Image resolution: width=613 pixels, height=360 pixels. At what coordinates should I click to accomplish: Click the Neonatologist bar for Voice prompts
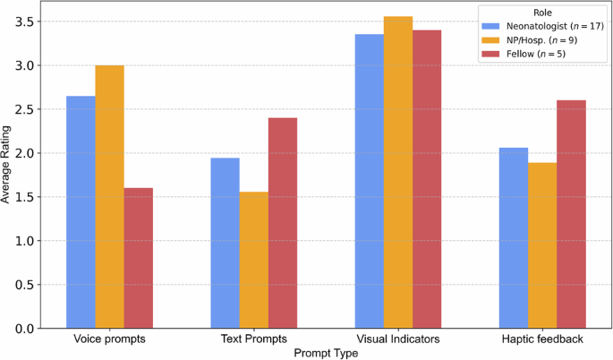click(x=81, y=212)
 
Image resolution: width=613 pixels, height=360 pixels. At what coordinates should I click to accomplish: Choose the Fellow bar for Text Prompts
click(x=282, y=223)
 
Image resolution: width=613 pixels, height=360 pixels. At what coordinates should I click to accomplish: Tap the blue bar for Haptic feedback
click(x=514, y=238)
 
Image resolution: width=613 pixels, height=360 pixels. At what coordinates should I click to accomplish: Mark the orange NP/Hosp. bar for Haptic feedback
click(x=542, y=245)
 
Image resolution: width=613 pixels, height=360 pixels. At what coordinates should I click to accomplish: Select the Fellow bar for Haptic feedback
click(x=571, y=214)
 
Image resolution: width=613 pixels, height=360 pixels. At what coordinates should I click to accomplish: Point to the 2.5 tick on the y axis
click(x=28, y=109)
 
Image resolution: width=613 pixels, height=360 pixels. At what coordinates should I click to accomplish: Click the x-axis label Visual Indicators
click(x=398, y=339)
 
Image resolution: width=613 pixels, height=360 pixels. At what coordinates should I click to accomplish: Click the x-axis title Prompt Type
click(x=326, y=353)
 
